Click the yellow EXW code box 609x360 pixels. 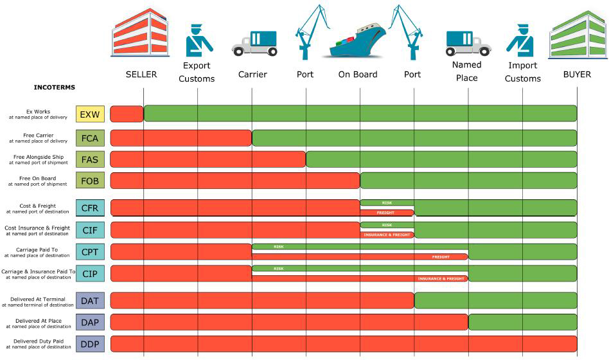point(90,114)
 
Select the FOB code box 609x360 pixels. point(90,181)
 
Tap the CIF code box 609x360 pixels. point(90,230)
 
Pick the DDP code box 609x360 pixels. point(90,344)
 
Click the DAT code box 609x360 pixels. point(90,300)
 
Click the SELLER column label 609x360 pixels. point(141,75)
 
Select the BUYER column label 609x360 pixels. point(577,75)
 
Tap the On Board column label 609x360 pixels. point(358,75)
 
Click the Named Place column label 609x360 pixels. point(466,71)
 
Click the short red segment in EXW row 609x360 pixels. point(127,114)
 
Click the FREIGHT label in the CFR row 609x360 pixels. point(385,213)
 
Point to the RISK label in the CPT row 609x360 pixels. point(278,246)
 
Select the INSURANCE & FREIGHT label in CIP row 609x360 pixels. point(441,279)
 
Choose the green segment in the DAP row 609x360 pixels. point(522,322)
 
